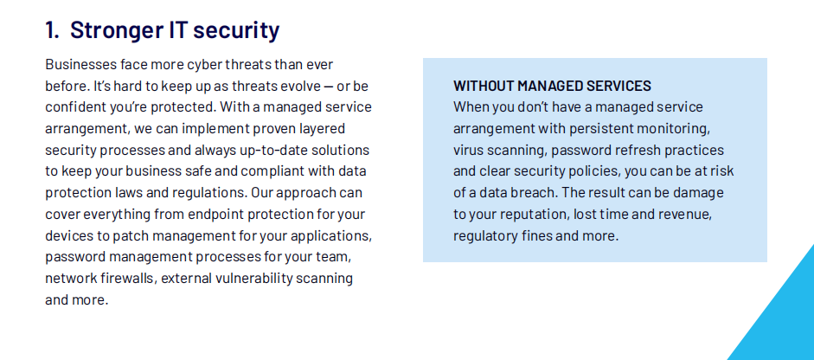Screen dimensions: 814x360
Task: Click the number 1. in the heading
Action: pos(53,30)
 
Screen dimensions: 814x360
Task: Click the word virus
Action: pos(467,150)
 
